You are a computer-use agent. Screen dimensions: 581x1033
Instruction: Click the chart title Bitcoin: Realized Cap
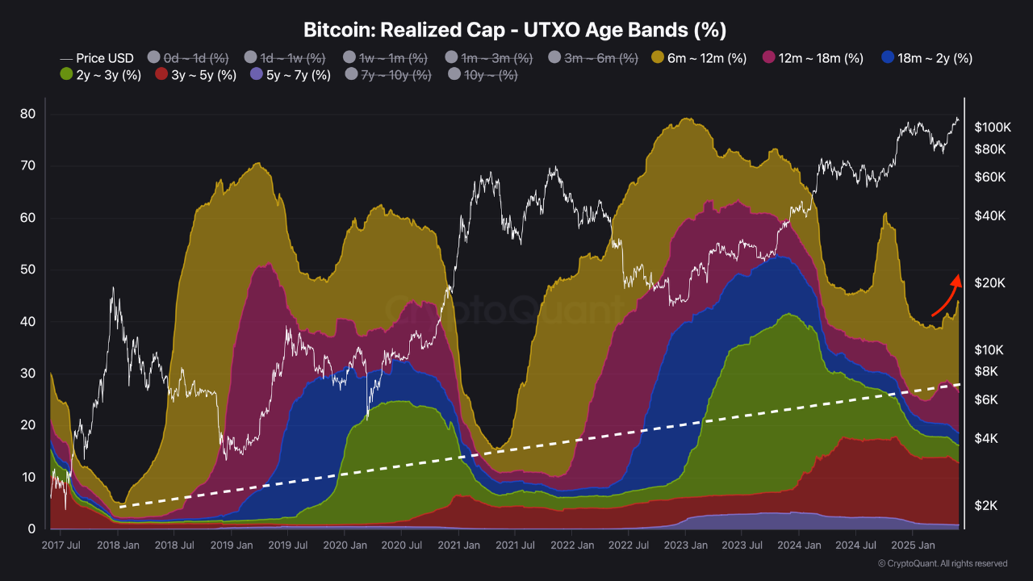[515, 31]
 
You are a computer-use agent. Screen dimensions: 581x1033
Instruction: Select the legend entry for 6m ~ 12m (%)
[699, 58]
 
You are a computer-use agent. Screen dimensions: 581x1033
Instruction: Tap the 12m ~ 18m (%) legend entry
[813, 58]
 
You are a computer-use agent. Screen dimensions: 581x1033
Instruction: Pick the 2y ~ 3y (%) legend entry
[101, 75]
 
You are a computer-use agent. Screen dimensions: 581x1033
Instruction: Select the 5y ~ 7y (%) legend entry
[290, 75]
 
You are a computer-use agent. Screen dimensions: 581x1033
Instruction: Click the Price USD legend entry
[97, 58]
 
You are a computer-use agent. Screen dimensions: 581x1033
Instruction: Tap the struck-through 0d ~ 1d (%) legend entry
[188, 58]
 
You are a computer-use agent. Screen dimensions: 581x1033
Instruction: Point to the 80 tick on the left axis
[27, 114]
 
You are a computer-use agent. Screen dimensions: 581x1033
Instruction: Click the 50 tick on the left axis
[27, 270]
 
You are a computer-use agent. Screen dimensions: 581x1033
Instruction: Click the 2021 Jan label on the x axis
[458, 545]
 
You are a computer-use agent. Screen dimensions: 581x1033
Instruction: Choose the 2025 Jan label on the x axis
[912, 545]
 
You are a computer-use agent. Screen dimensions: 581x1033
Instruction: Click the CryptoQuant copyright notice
[942, 563]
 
